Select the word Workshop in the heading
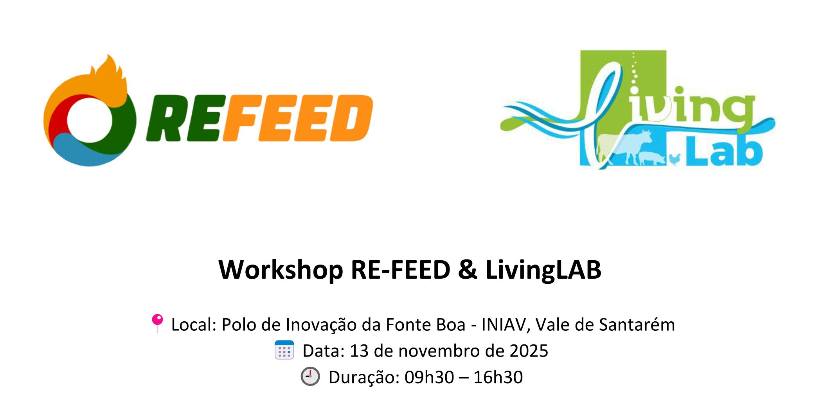tap(281, 270)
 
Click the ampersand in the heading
tap(468, 270)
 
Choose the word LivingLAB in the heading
tap(543, 270)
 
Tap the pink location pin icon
tap(157, 322)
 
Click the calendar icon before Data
tap(284, 350)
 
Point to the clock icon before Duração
tap(310, 377)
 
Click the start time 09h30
tap(429, 377)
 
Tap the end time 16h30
tap(498, 377)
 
